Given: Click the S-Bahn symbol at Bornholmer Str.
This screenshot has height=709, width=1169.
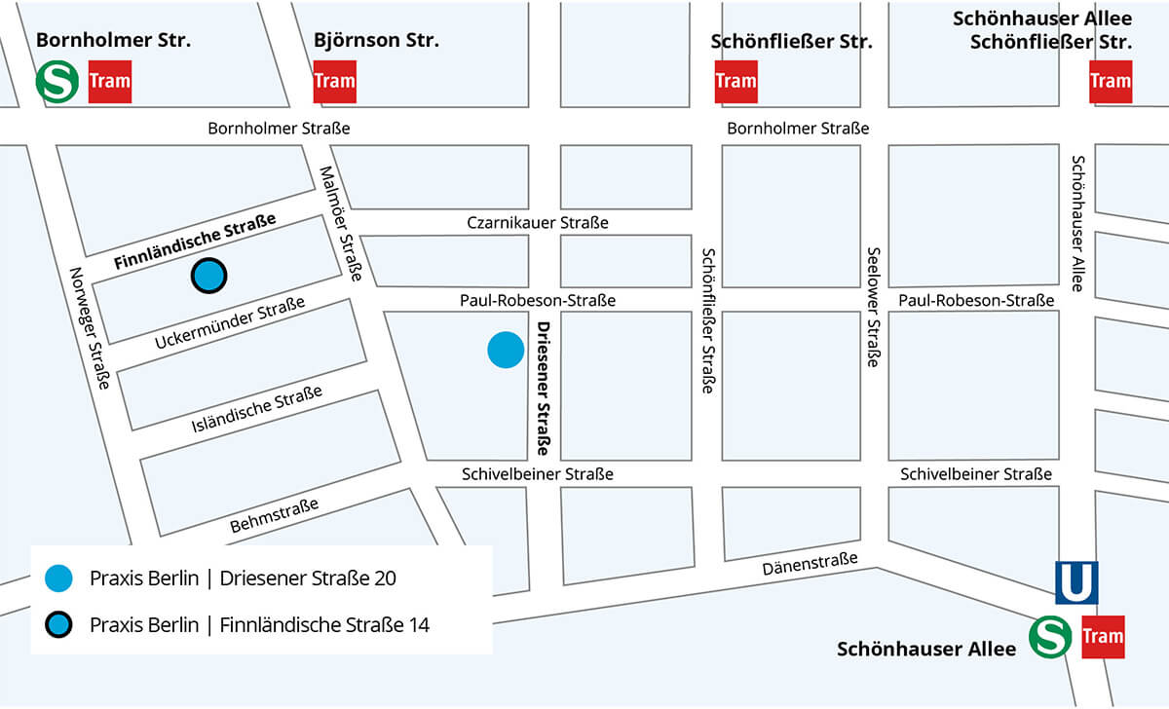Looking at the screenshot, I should (57, 82).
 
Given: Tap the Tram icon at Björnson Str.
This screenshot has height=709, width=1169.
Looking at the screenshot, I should (334, 82).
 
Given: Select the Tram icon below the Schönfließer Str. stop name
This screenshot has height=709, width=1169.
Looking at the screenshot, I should (735, 82).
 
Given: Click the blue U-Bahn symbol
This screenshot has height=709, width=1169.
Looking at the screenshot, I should (1076, 582).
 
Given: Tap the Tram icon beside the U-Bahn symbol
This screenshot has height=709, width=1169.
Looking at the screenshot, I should (1103, 637).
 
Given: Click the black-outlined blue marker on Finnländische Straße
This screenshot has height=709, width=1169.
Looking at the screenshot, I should (208, 277).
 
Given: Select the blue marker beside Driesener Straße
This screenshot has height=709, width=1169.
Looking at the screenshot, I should (506, 350).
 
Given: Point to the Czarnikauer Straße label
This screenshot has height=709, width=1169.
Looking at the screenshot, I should (538, 223).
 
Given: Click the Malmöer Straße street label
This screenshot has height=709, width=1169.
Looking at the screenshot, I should (341, 223).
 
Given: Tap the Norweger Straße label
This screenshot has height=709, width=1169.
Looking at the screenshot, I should (89, 328).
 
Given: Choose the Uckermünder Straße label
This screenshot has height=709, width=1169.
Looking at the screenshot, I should (230, 324).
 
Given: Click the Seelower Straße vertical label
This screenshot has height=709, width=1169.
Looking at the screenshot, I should (874, 306).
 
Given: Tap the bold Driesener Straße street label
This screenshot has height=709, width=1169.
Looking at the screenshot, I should (544, 389).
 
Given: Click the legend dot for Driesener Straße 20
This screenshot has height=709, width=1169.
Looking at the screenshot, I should (58, 578).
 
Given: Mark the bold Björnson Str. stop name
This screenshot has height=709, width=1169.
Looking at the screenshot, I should (376, 41).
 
